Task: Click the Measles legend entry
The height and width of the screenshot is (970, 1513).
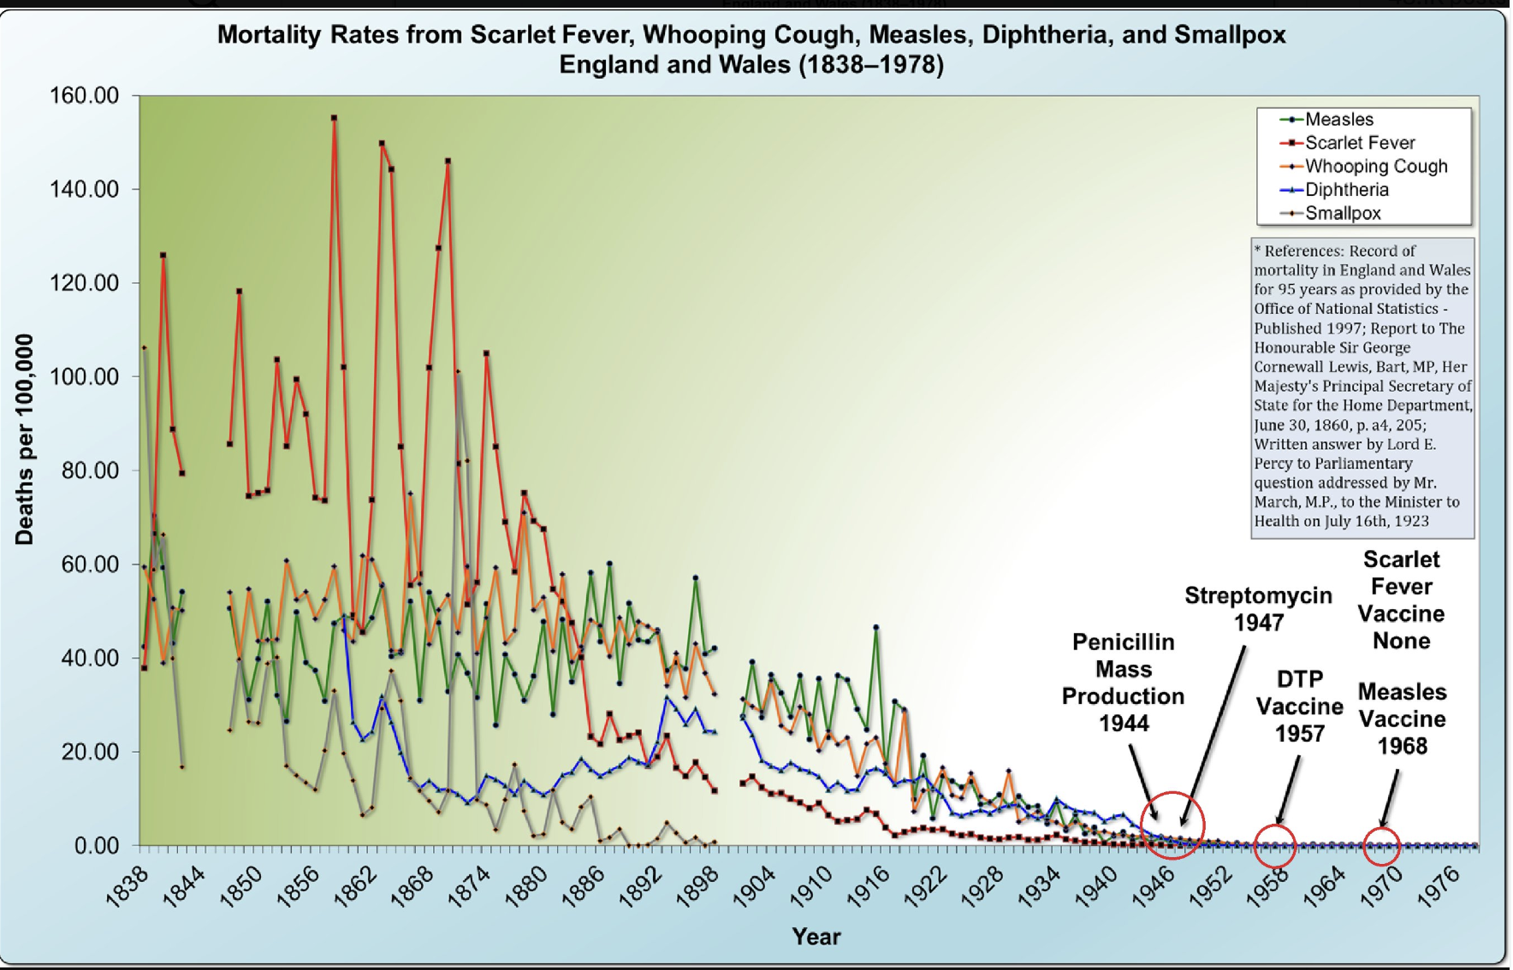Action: [1338, 120]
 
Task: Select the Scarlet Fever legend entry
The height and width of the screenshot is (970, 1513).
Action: [1359, 143]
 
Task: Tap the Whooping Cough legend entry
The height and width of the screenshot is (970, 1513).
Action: [1375, 166]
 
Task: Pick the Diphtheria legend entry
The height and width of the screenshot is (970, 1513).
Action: [1346, 190]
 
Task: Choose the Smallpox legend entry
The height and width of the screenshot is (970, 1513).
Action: [1342, 213]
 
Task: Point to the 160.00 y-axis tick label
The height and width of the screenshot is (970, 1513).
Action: [84, 95]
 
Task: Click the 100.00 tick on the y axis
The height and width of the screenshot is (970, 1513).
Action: [84, 376]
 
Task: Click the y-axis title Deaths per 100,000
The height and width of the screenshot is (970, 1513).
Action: [25, 439]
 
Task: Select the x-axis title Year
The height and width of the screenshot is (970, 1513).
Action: [816, 937]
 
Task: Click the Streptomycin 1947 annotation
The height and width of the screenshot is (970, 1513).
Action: [1258, 608]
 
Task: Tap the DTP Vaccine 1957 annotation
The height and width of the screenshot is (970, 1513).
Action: [1299, 706]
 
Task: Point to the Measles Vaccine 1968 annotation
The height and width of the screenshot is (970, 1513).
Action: [1402, 719]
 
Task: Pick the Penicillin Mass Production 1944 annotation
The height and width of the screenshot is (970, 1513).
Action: [1123, 682]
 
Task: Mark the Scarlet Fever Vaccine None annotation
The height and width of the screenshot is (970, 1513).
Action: [1401, 600]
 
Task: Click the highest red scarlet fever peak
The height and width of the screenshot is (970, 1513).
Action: [334, 118]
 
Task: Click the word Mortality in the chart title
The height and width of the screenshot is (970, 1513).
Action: [269, 34]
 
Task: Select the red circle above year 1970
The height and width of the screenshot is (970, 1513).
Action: [1381, 845]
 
